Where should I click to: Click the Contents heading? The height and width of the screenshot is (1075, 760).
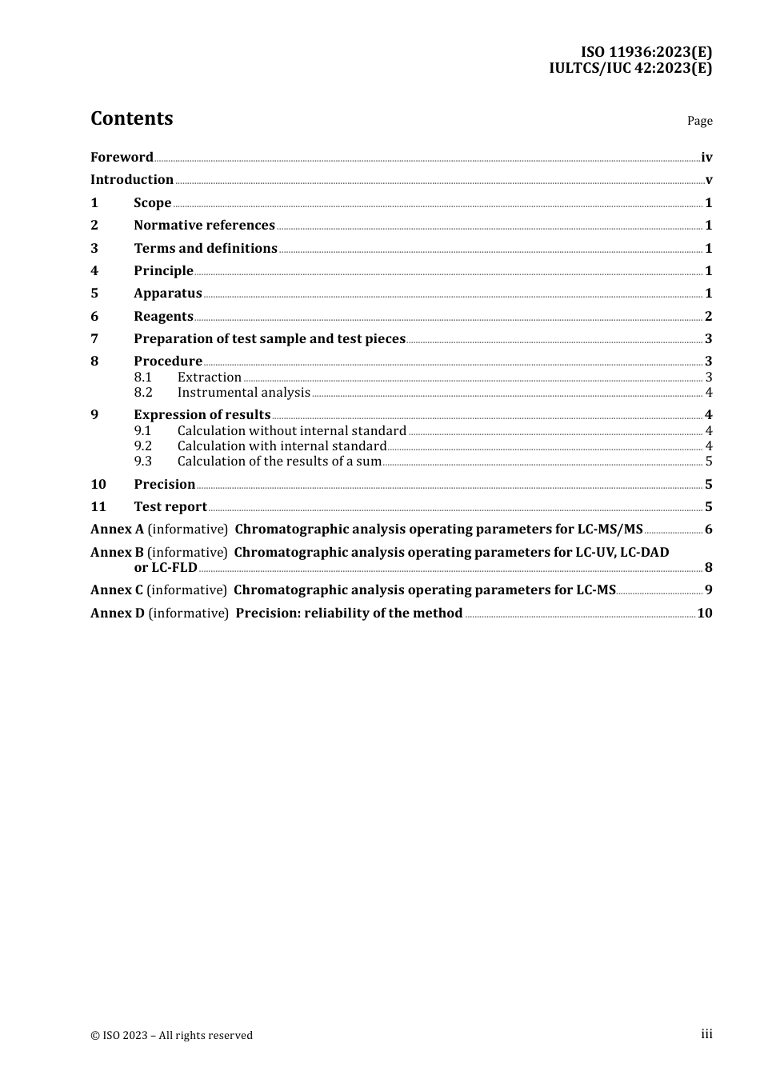tap(131, 118)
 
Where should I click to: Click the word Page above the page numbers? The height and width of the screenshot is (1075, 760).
tap(699, 121)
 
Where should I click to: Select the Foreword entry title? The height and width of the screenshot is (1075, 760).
tap(122, 158)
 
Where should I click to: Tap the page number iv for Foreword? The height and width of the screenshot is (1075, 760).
tap(706, 158)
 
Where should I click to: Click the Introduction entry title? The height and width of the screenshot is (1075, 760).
tap(132, 180)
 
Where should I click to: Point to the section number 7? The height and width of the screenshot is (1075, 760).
tap(94, 339)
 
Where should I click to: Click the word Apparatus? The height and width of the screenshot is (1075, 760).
tap(168, 294)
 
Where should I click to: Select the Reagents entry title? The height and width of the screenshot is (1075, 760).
tap(163, 317)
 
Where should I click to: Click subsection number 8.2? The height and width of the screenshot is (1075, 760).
tap(143, 393)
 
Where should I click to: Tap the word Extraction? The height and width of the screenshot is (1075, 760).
tap(210, 378)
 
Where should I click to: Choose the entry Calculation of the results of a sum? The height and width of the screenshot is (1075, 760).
tap(279, 462)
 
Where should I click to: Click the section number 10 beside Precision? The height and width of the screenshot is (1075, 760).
tap(98, 485)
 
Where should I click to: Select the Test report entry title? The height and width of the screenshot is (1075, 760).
tap(170, 507)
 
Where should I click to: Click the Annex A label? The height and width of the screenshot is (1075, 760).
tap(117, 530)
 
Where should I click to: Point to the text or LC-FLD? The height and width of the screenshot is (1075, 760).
tap(166, 568)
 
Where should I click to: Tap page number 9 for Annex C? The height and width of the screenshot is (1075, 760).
tap(708, 590)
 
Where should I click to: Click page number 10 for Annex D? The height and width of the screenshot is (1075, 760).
tap(704, 613)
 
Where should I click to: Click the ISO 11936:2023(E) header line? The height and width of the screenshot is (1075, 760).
tap(646, 53)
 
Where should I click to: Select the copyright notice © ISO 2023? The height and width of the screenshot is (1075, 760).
tap(171, 1036)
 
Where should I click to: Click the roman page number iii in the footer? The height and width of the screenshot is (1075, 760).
tap(706, 1034)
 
